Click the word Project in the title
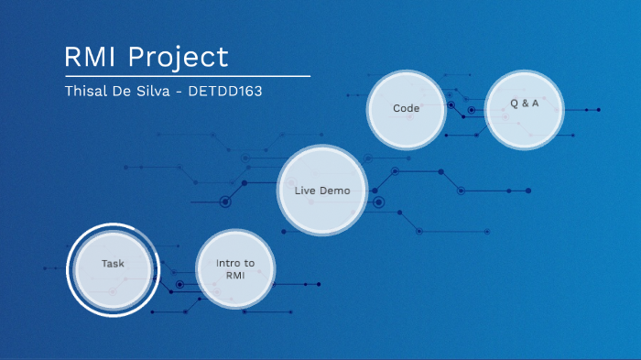(x=179, y=58)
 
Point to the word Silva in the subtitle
(x=158, y=93)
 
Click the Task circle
(x=114, y=268)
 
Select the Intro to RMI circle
(x=235, y=268)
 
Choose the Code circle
(x=406, y=108)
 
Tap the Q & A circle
(x=524, y=108)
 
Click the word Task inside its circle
(x=114, y=264)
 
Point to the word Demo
(x=335, y=191)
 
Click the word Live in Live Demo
(x=305, y=191)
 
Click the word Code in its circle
(x=406, y=108)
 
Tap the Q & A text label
(x=524, y=104)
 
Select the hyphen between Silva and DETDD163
(x=184, y=93)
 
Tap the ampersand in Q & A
(x=524, y=104)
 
